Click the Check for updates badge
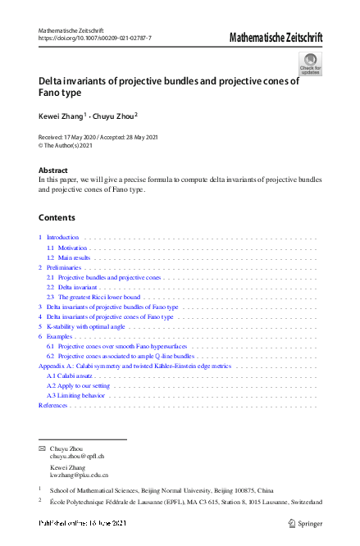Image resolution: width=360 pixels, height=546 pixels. tap(311, 63)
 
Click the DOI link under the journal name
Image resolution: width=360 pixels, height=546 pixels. tap(95, 39)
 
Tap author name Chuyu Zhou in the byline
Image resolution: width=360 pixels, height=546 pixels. tap(114, 116)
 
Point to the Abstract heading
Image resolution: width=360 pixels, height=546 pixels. tap(53, 170)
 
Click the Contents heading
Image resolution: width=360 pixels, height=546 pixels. tap(57, 217)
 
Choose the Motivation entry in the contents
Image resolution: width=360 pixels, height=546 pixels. tap(73, 247)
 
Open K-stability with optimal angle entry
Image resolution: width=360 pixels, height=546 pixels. tap(86, 326)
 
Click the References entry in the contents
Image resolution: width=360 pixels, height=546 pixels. tap(53, 405)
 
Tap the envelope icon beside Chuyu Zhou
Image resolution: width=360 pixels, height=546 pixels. tap(42, 448)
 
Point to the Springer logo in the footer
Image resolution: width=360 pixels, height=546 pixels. tap(307, 522)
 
